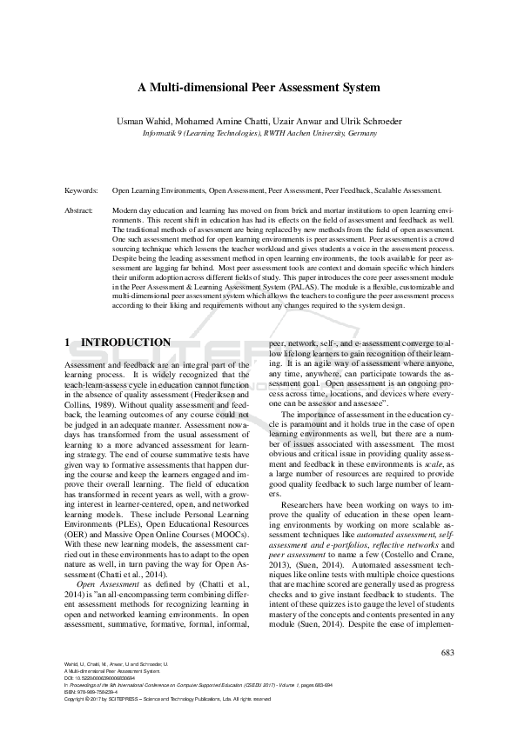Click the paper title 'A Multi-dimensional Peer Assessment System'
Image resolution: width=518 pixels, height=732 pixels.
[x=259, y=88]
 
